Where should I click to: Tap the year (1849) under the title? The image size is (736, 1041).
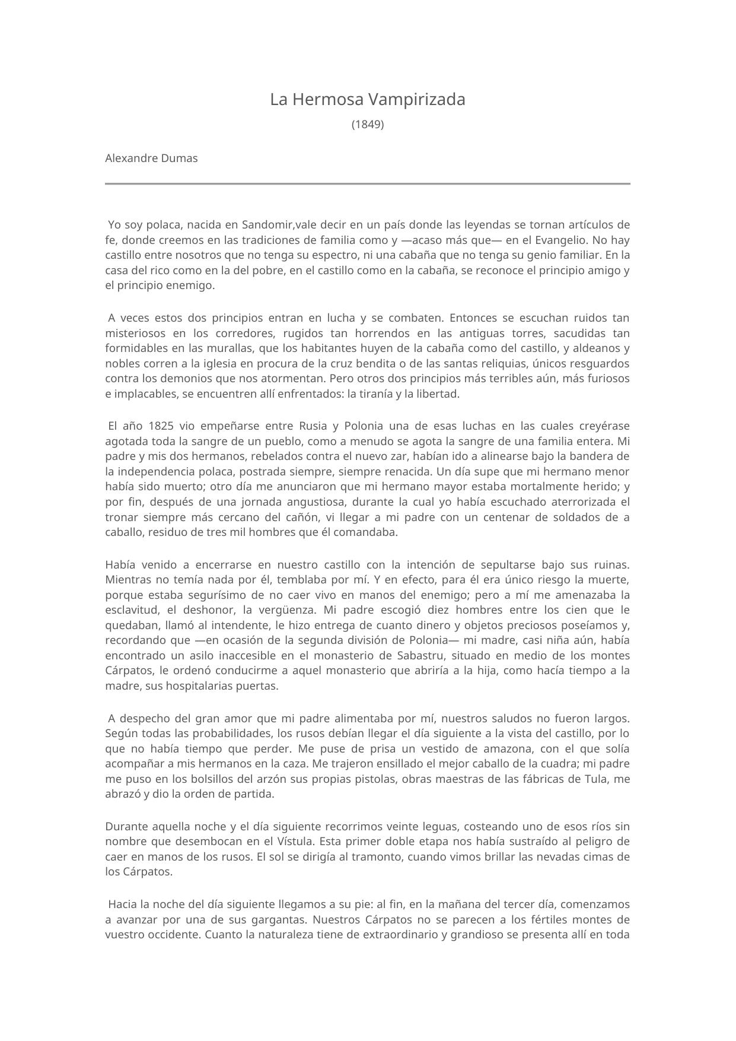(368, 125)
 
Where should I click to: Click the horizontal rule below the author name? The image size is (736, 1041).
(368, 184)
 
